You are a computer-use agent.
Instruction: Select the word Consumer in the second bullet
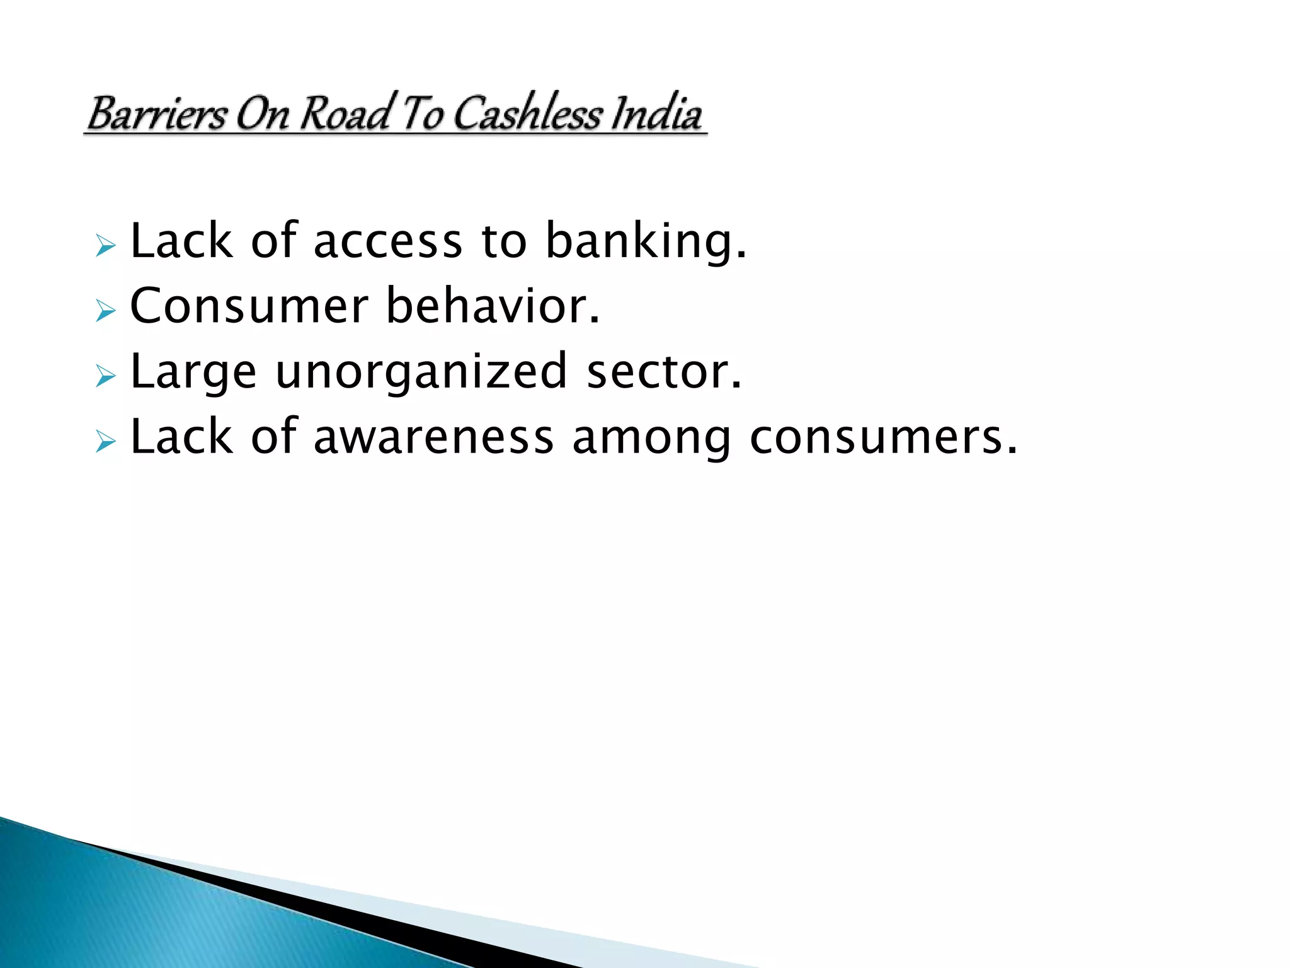249,306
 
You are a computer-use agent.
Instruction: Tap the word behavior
493,306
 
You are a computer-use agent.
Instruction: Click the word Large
193,372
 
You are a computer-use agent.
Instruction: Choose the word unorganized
421,372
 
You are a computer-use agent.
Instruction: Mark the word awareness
433,437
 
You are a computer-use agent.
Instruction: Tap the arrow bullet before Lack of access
106,245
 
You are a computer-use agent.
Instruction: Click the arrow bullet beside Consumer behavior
106,310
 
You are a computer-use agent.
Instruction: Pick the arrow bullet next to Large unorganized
106,376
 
